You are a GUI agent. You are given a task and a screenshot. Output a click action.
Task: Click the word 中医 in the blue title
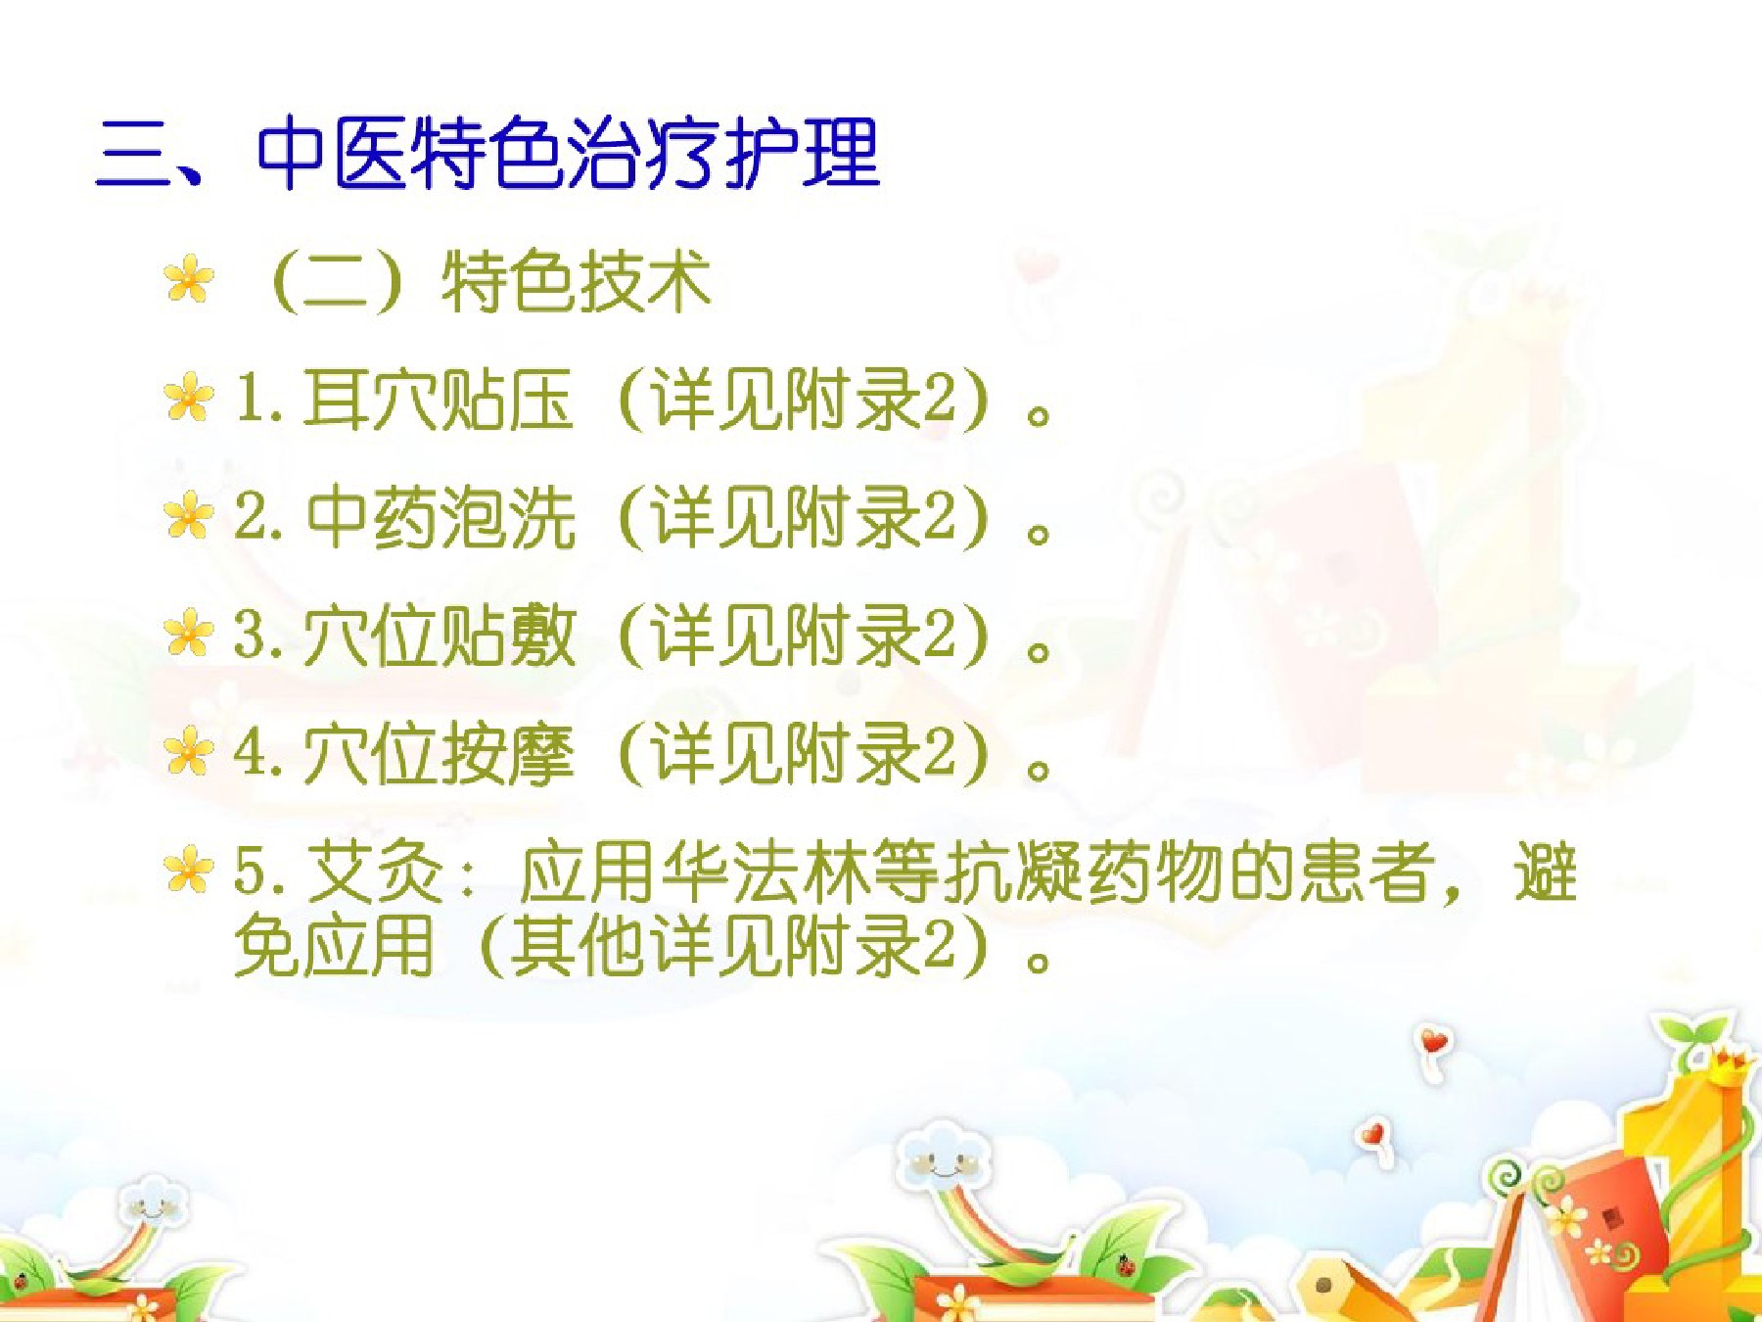click(331, 153)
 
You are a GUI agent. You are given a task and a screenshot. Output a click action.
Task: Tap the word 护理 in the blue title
click(803, 153)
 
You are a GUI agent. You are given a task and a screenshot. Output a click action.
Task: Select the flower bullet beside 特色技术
click(189, 280)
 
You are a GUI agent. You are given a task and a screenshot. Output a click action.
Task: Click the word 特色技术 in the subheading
click(576, 282)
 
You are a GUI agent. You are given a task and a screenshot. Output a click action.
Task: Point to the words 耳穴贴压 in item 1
click(438, 400)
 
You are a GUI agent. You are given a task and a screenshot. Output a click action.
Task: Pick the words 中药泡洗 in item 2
click(440, 517)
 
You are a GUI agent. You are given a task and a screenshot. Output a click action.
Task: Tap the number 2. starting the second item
click(258, 517)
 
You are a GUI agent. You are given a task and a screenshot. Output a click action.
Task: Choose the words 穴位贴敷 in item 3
click(439, 637)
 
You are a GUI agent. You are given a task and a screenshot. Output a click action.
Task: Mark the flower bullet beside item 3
click(189, 633)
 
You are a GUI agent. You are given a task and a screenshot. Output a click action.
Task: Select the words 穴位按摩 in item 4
click(439, 754)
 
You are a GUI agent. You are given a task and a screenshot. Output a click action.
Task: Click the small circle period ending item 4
click(1040, 769)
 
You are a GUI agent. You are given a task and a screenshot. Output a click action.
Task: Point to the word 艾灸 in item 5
click(377, 872)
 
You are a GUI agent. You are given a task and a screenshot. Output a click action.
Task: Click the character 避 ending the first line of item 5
click(1546, 872)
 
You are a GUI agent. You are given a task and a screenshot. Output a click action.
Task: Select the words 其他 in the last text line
click(577, 946)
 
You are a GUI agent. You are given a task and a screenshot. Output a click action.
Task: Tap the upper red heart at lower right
click(1435, 1042)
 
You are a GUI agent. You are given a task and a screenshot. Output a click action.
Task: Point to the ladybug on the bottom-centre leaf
click(1127, 1265)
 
